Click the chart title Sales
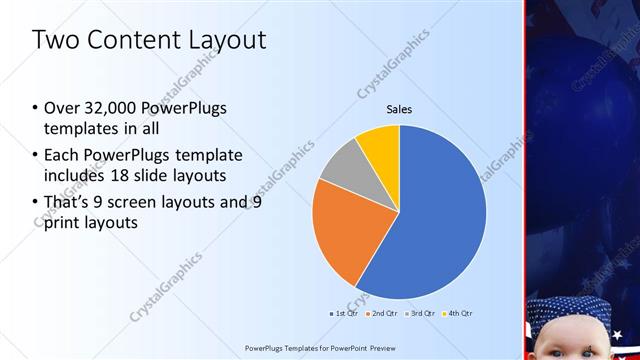tap(399, 109)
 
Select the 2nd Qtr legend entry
tap(386, 313)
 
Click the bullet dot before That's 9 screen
tap(36, 203)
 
